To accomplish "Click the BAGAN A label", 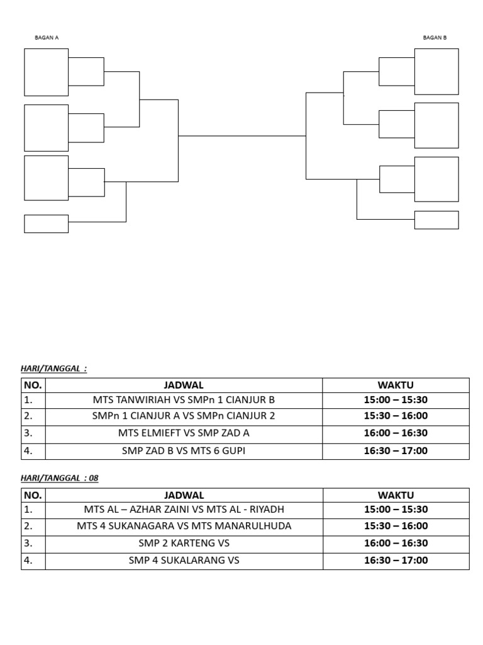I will point(47,37).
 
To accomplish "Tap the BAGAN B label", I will point(435,37).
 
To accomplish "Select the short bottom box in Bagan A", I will point(46,224).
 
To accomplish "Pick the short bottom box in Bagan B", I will point(436,220).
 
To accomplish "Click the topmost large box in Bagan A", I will point(46,72).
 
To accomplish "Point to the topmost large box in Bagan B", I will point(436,71).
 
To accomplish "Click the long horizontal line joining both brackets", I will point(242,135).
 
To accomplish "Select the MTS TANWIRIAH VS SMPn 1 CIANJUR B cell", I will point(184,400).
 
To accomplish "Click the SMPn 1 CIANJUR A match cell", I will point(184,416).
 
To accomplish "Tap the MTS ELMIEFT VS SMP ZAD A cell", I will point(184,433).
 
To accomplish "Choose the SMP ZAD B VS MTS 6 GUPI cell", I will point(184,451).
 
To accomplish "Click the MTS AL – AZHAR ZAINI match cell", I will point(184,510).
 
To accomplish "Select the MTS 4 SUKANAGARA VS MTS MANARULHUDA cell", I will point(184,526).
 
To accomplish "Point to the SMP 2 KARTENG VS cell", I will point(184,543).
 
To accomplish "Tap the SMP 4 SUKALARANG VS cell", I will point(184,561).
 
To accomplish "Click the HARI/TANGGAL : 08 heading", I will point(60,478).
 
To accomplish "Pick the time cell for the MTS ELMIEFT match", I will point(396,433).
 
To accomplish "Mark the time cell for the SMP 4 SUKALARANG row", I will point(396,561).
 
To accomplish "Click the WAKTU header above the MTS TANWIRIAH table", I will point(396,385).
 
